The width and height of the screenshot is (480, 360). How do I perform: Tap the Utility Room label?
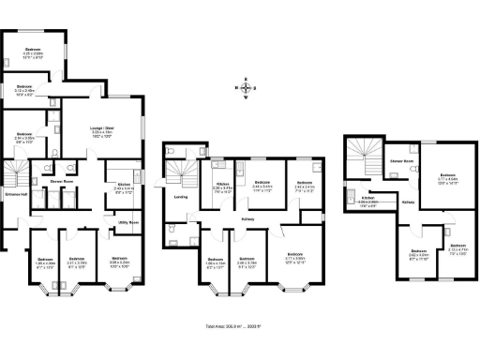coord(127,222)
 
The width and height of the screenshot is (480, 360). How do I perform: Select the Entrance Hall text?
coord(15,195)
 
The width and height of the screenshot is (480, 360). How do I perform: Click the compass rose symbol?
coord(246,89)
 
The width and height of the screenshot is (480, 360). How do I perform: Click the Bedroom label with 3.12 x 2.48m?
coord(24,90)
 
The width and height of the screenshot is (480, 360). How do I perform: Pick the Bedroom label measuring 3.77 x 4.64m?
coord(448,177)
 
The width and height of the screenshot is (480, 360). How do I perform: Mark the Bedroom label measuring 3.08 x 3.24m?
coord(119,261)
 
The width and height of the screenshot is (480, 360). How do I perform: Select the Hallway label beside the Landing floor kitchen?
coord(251,220)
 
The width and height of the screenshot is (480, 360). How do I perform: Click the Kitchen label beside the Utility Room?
coord(124,187)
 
